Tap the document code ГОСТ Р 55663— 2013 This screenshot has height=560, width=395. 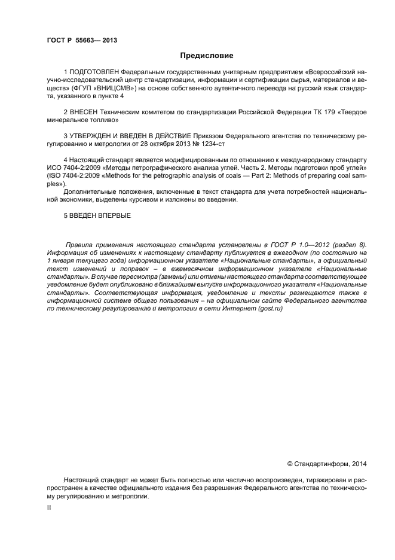pos(81,40)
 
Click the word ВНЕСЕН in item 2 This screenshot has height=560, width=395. pos(82,112)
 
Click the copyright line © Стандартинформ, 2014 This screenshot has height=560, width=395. pos(327,462)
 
